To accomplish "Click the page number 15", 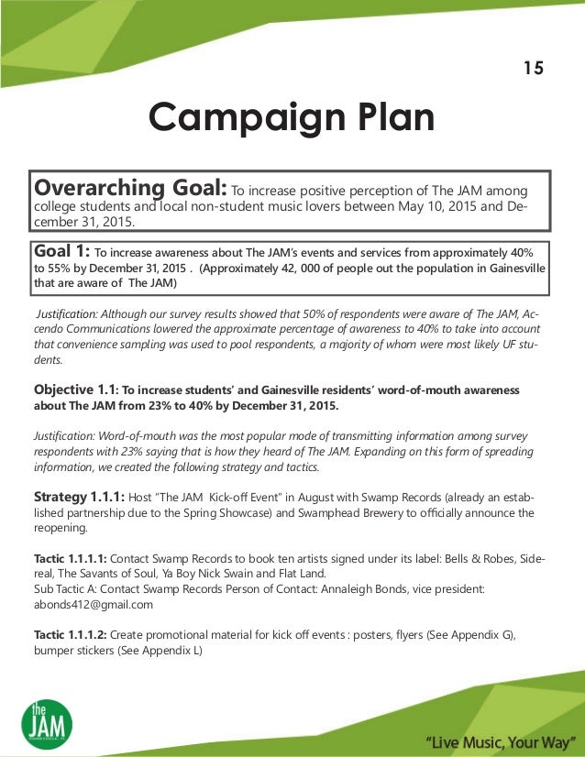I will tap(533, 68).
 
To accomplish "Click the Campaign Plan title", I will tap(292, 117).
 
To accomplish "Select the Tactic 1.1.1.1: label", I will tap(70, 558).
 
